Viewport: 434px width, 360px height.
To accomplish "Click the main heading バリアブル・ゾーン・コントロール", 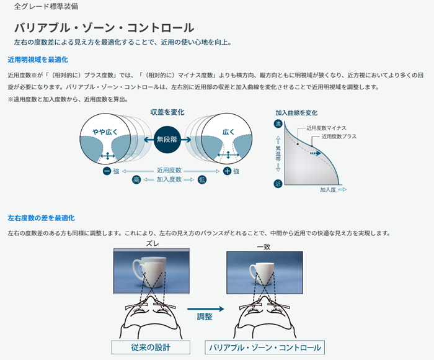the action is (x=104, y=28).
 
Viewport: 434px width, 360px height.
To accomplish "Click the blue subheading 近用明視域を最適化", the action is (x=38, y=60).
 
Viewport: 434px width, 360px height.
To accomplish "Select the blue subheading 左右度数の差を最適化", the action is (x=42, y=218).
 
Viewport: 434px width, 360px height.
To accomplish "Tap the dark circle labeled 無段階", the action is (x=167, y=140).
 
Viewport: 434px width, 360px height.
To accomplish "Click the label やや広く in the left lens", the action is (x=105, y=132).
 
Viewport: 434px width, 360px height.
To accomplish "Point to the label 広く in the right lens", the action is (x=228, y=132).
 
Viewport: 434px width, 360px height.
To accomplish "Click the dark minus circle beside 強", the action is (x=107, y=171).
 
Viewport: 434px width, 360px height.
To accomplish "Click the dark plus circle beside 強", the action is (x=227, y=171).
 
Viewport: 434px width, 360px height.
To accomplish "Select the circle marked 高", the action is (x=136, y=179).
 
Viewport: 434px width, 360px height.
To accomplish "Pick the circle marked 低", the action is (x=202, y=179).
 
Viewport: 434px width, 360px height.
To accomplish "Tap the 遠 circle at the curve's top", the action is (x=278, y=124).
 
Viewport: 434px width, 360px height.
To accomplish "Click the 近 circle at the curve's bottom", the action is (x=278, y=183).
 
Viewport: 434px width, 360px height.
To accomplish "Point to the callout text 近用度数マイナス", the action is (x=326, y=128).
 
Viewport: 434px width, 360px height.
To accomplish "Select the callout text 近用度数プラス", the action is (x=339, y=137).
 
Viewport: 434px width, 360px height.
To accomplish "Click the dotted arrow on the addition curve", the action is (x=315, y=153).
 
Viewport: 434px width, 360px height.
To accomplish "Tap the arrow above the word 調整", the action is (x=206, y=308).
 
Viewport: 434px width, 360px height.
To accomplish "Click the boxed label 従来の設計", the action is (x=151, y=348).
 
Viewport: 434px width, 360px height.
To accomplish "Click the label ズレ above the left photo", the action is (x=153, y=243).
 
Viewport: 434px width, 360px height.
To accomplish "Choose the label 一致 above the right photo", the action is (x=263, y=246).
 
